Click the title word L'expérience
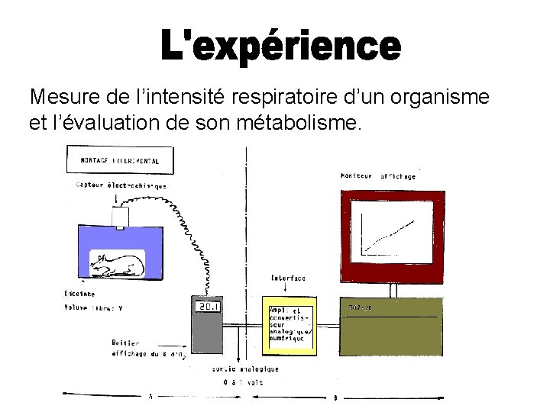click(280, 47)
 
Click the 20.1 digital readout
click(209, 307)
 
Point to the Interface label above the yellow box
click(286, 278)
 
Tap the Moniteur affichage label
click(378, 176)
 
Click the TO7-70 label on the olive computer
click(361, 307)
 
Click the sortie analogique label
click(245, 369)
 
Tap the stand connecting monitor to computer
click(392, 290)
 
